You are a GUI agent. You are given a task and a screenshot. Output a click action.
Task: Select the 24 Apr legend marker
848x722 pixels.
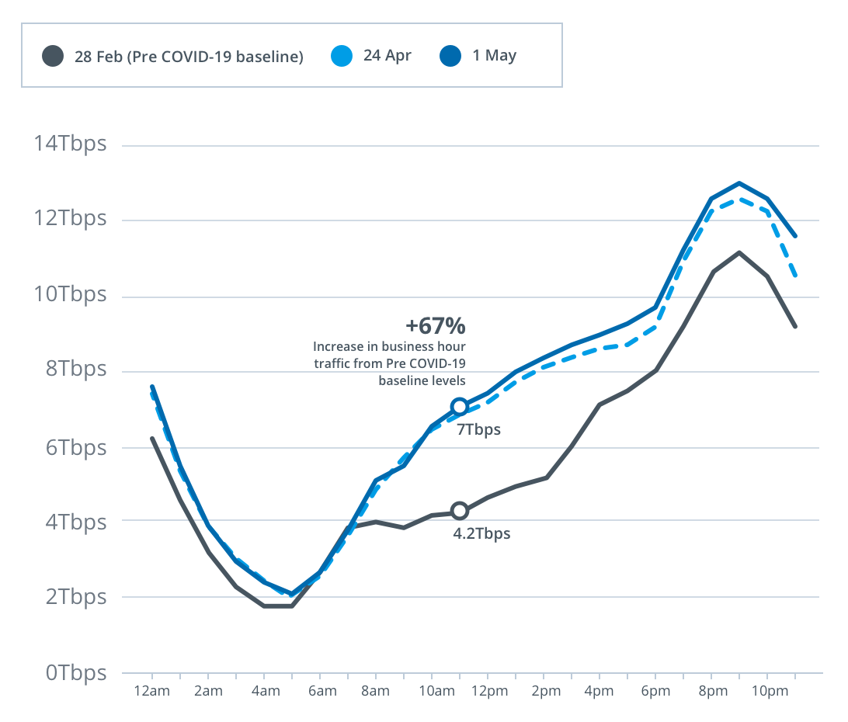[342, 56]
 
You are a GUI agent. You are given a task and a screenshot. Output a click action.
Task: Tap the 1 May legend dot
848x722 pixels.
[450, 56]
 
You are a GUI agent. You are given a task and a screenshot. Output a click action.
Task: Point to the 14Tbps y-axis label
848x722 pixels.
[69, 144]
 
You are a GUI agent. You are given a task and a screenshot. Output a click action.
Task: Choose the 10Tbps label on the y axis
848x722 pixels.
[69, 295]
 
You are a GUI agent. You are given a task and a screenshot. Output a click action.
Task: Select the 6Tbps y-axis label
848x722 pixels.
[74, 447]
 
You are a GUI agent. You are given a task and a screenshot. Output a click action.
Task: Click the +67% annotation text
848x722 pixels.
[435, 325]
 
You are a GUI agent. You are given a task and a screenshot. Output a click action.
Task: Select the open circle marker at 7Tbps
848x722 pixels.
[460, 406]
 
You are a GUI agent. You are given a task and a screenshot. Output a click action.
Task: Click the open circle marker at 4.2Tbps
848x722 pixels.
[460, 511]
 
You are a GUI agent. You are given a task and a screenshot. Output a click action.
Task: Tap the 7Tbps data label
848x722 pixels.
[478, 429]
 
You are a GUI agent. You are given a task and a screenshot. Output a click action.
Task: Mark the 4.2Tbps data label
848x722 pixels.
[481, 533]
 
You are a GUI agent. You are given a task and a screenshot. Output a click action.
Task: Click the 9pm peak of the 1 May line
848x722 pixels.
[739, 183]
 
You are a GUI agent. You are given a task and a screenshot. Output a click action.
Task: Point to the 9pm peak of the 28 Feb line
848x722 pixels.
[739, 252]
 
